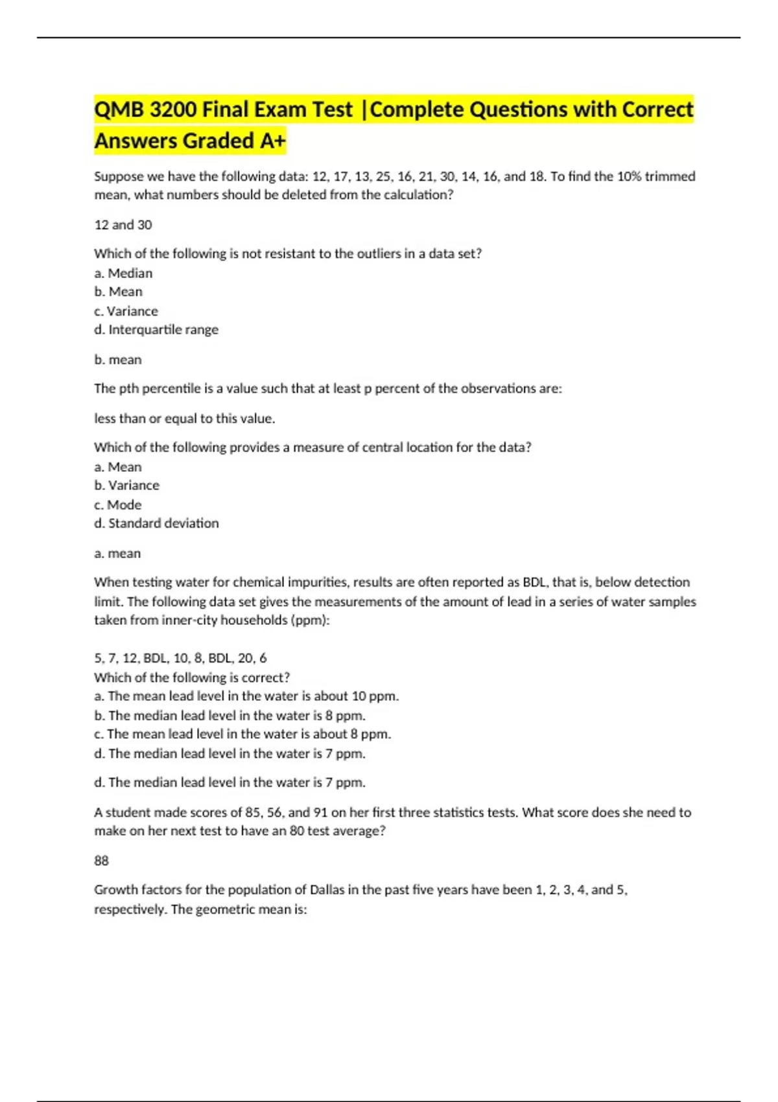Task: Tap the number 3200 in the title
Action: (x=172, y=110)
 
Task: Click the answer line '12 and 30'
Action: (x=123, y=225)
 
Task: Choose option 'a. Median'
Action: (x=123, y=274)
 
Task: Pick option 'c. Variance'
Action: (x=126, y=311)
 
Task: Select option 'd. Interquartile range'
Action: (x=156, y=330)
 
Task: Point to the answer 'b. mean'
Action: (x=118, y=360)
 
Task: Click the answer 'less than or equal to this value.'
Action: (x=185, y=419)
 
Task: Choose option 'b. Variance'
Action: (x=126, y=486)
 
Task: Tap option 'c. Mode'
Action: (x=117, y=505)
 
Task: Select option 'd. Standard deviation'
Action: (x=156, y=523)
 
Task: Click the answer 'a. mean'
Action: (x=117, y=554)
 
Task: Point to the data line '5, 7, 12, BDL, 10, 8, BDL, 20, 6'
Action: (x=180, y=659)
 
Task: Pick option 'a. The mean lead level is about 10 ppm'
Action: (x=246, y=696)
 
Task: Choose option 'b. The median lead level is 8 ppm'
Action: (x=230, y=716)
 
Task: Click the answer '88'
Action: (x=102, y=861)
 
